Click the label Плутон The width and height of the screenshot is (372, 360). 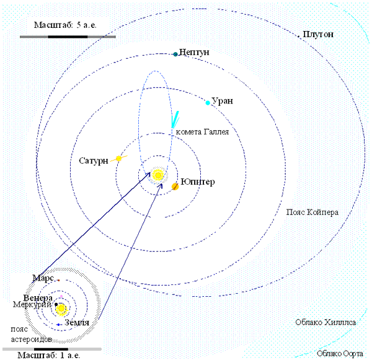(318, 34)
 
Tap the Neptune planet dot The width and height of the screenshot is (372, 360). (175, 54)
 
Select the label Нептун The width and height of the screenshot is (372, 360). (194, 53)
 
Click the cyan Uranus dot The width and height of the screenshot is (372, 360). (208, 102)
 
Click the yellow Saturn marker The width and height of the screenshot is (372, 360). (118, 159)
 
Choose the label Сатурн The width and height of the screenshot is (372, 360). (94, 160)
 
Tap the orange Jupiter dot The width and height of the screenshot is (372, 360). (175, 186)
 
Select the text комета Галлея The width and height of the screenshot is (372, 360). (203, 132)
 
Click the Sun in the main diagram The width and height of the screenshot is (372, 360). (158, 175)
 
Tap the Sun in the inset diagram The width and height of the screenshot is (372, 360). (61, 308)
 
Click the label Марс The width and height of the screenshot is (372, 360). (43, 278)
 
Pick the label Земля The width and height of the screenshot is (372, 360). (77, 323)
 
